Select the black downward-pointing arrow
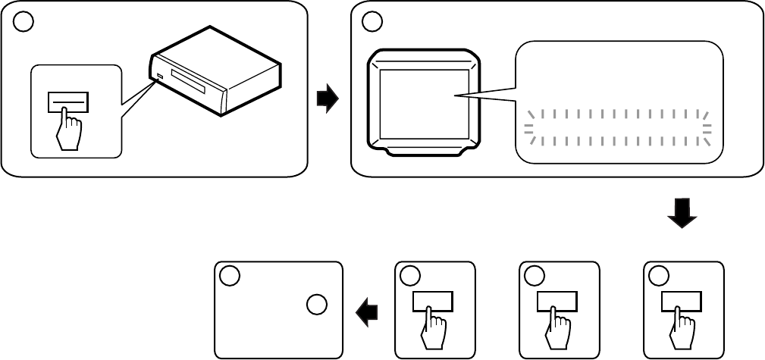pyautogui.click(x=682, y=213)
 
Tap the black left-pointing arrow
pyautogui.click(x=368, y=311)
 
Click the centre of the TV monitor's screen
pyautogui.click(x=423, y=103)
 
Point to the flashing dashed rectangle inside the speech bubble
pyautogui.click(x=619, y=127)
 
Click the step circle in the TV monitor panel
pyautogui.click(x=372, y=22)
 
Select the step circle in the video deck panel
pyautogui.click(x=24, y=22)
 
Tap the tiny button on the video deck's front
pyautogui.click(x=160, y=76)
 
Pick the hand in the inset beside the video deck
pyautogui.click(x=68, y=130)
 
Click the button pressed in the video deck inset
pyautogui.click(x=67, y=101)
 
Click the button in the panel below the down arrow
pyautogui.click(x=681, y=301)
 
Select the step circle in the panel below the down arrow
pyautogui.click(x=659, y=276)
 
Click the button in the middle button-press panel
pyautogui.click(x=557, y=301)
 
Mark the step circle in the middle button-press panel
pyautogui.click(x=535, y=276)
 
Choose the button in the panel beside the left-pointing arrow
pyautogui.click(x=432, y=301)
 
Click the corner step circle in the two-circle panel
pyautogui.click(x=230, y=276)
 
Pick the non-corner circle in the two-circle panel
pyautogui.click(x=317, y=305)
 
